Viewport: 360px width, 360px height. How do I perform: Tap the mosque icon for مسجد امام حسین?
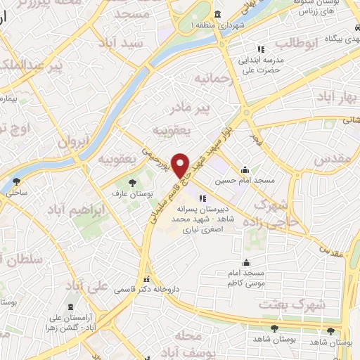[x=245, y=169]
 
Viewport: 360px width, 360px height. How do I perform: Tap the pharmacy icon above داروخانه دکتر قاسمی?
[x=147, y=278]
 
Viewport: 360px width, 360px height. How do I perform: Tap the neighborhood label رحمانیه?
[x=212, y=77]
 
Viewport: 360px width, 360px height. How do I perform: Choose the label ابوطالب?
[x=297, y=44]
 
